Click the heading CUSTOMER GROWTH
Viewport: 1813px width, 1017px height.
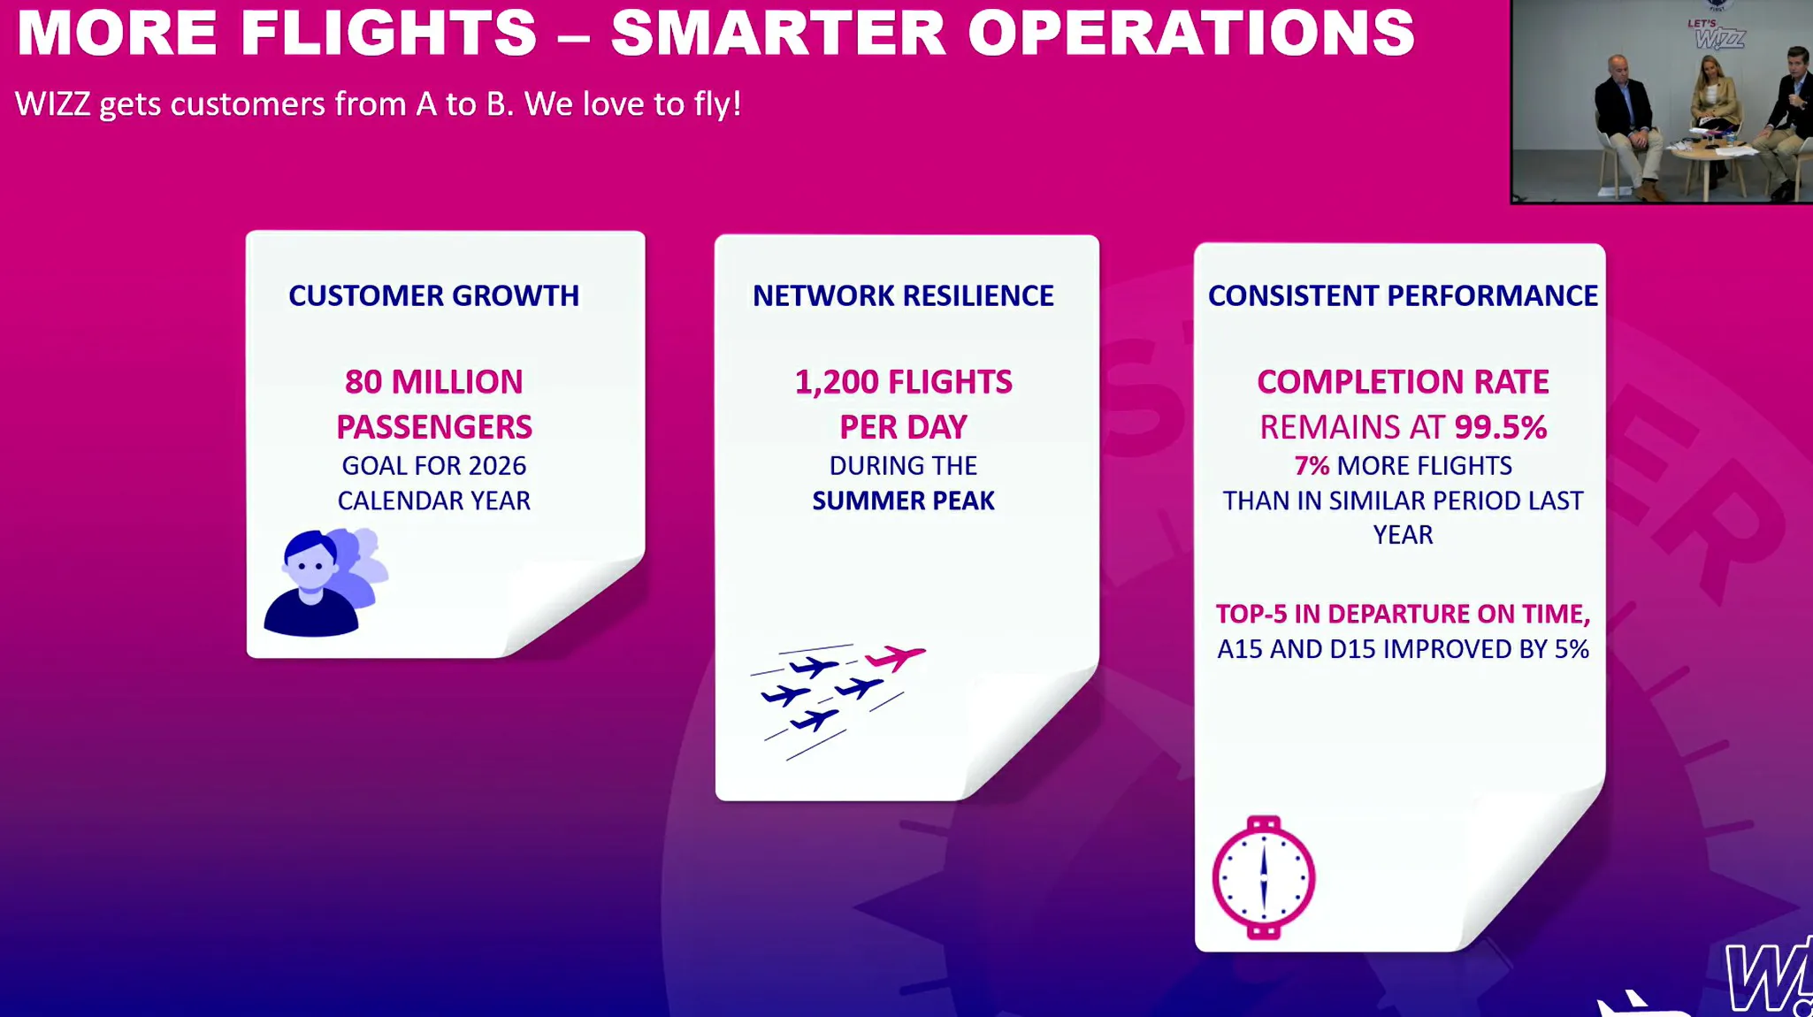(433, 295)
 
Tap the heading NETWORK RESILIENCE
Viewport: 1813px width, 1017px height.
(903, 295)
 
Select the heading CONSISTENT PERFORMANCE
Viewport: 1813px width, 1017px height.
(1403, 295)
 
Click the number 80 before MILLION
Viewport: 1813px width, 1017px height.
(363, 382)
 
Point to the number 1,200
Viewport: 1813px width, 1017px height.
(837, 382)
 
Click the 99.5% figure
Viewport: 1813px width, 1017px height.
(1501, 427)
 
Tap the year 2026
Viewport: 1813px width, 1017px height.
(497, 466)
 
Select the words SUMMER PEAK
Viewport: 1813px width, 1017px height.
(903, 501)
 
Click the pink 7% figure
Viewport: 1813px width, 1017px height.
(1312, 466)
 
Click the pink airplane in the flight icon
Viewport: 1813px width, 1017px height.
(895, 657)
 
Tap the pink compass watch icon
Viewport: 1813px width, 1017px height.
(1264, 877)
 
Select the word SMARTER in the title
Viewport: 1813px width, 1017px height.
(778, 32)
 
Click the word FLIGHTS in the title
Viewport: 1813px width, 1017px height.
(389, 32)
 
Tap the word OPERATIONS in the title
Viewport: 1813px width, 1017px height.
(1191, 32)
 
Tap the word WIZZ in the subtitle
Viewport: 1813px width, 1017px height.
(52, 104)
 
